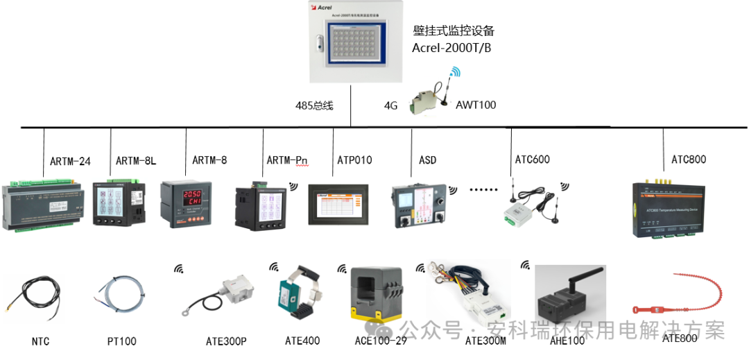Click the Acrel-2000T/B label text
click(x=451, y=48)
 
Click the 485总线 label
click(x=314, y=105)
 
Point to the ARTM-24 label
click(x=70, y=161)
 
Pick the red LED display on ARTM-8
click(x=187, y=195)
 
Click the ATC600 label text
click(x=532, y=160)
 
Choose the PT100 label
click(x=121, y=341)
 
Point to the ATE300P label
click(x=226, y=341)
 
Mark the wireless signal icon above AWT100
click(x=455, y=72)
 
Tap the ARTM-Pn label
click(x=287, y=160)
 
